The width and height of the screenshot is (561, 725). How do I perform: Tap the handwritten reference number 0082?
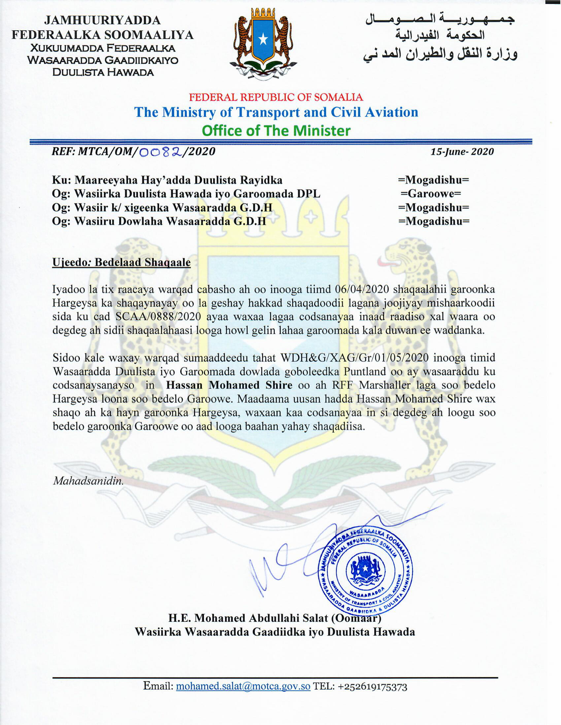click(x=161, y=152)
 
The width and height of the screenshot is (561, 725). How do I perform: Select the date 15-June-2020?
click(x=462, y=152)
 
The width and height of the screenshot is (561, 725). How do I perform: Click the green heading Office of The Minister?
click(x=276, y=131)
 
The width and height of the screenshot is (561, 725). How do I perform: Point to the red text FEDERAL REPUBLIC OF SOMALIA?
click(x=276, y=97)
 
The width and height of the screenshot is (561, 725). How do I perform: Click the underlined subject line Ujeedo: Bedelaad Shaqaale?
click(x=121, y=262)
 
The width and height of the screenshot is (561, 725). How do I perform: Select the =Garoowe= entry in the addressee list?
click(x=430, y=194)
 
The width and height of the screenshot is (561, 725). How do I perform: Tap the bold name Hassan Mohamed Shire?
click(x=229, y=385)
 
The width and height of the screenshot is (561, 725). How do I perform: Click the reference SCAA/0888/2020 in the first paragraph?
click(x=158, y=316)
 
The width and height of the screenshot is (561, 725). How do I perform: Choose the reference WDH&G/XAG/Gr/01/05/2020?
click(x=355, y=358)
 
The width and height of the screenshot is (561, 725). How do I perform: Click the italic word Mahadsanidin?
click(x=88, y=481)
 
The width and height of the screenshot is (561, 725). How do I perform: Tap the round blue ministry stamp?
click(x=365, y=572)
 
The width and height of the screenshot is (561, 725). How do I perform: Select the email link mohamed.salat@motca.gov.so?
click(x=243, y=686)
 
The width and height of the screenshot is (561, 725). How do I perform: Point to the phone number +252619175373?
click(x=372, y=686)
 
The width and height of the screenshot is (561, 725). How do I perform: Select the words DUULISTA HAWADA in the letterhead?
click(x=103, y=72)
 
